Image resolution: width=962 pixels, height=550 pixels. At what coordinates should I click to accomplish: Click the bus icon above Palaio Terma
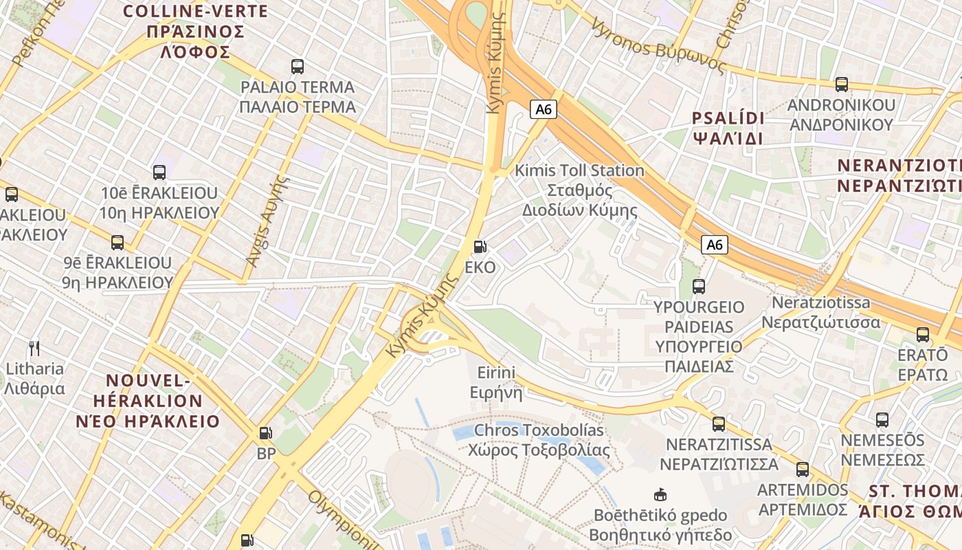coord(298,67)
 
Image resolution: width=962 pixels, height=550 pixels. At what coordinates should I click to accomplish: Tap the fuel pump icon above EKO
coord(480,247)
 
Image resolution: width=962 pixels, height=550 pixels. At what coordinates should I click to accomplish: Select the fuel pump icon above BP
coord(266,433)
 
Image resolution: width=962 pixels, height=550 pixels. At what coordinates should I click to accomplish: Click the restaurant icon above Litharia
coord(34,349)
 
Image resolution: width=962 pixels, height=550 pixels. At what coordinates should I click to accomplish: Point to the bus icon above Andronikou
coord(842,85)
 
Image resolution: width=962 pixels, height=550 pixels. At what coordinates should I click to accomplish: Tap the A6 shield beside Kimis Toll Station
coord(543,109)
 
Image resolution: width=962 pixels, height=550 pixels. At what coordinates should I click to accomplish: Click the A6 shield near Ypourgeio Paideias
coord(715,245)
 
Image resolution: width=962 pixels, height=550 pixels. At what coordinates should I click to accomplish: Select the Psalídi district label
coord(728,127)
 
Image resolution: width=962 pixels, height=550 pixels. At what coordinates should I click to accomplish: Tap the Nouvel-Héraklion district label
coord(155,401)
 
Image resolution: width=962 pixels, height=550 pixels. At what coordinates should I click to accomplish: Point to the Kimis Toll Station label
coord(580,190)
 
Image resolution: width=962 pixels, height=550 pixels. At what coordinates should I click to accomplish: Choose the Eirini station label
coord(496,382)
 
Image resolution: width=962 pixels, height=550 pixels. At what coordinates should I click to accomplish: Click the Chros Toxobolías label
coord(539,440)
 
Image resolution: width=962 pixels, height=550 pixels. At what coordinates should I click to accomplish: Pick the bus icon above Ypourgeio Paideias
coord(699,286)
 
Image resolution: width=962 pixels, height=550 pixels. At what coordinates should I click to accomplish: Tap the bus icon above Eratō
coord(923,335)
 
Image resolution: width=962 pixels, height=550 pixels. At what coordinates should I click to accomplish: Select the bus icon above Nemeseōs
coord(882,419)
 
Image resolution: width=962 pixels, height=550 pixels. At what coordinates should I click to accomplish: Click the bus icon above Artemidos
coord(803,470)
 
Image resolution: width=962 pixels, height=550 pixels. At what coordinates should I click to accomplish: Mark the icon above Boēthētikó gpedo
coord(660,494)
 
